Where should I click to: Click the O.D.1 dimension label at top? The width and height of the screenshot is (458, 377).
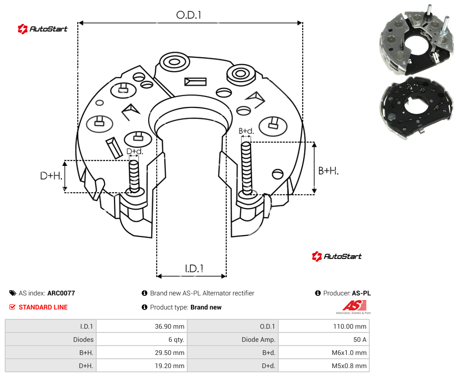[x=189, y=15]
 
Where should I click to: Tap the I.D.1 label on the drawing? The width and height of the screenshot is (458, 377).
[x=194, y=269]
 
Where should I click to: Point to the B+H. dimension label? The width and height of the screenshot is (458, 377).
[x=328, y=171]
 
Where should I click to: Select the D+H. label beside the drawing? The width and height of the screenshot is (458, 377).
[x=51, y=176]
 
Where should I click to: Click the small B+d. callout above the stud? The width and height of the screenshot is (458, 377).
[x=246, y=131]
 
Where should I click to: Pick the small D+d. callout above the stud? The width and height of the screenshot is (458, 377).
[x=135, y=151]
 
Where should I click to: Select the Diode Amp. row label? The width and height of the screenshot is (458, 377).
[x=258, y=339]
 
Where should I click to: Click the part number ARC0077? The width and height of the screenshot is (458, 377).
[x=61, y=293]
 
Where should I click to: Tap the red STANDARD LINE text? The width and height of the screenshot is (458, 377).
[x=43, y=307]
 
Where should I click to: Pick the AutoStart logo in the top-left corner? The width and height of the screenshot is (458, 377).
[x=42, y=29]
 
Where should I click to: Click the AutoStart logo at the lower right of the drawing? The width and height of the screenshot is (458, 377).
[x=336, y=256]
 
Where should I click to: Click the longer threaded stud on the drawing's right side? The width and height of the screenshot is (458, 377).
[x=247, y=169]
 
